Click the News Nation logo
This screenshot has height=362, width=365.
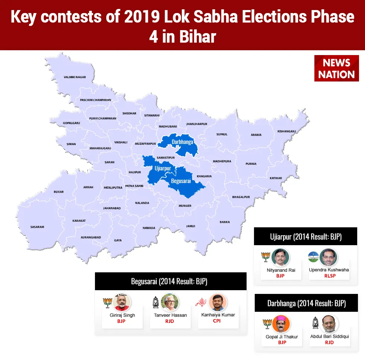[x=336, y=68]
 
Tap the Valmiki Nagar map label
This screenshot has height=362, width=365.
[x=75, y=77]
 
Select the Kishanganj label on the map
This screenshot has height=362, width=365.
[x=286, y=131]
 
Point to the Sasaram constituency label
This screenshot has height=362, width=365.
[x=37, y=227]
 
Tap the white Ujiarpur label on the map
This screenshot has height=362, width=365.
[x=163, y=168]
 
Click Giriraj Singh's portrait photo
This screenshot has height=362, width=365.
[x=122, y=302]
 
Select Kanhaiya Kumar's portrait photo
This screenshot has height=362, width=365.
[x=218, y=302]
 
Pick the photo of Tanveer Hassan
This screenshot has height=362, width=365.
[x=170, y=302]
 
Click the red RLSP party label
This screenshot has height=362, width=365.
[x=330, y=276]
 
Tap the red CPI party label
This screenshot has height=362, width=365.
[x=217, y=321]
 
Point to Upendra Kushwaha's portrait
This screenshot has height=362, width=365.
[x=328, y=257]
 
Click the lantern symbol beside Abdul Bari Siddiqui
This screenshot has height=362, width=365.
[x=315, y=323]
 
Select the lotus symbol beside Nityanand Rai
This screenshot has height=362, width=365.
[x=266, y=257]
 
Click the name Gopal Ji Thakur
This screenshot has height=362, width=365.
[x=282, y=337]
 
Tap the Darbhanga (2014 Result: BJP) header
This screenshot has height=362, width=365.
[x=306, y=303]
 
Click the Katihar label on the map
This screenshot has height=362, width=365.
[x=276, y=178]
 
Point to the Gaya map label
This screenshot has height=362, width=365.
[x=118, y=240]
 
